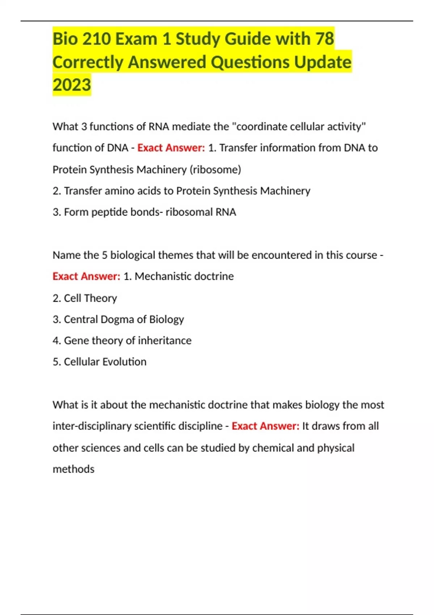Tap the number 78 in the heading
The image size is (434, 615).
(x=324, y=39)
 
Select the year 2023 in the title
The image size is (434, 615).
(x=72, y=85)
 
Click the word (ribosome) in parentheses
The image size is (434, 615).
(x=215, y=170)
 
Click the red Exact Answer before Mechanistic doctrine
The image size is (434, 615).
(x=86, y=276)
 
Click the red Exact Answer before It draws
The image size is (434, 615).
(x=265, y=426)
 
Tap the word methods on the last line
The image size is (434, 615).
(x=73, y=469)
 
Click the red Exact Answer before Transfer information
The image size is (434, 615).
(x=171, y=148)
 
